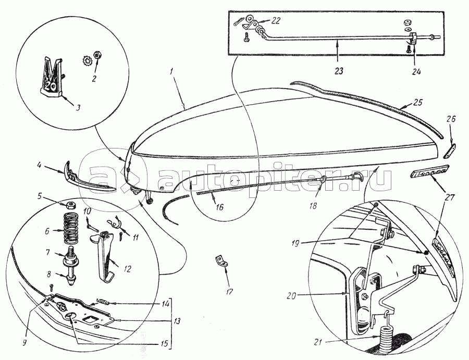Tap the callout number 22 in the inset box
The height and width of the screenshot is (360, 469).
pyautogui.click(x=276, y=20)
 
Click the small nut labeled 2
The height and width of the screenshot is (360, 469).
pyautogui.click(x=97, y=54)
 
